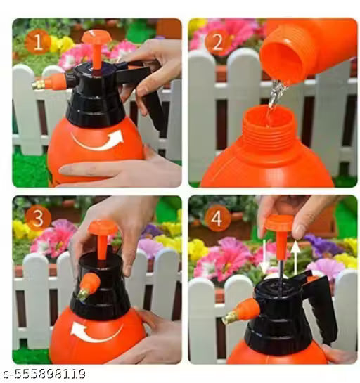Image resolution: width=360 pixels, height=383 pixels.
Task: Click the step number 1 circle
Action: coord(37,42)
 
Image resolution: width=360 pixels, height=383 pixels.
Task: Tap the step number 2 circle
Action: coord(217,43)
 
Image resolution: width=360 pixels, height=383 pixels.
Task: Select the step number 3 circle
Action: coord(37,218)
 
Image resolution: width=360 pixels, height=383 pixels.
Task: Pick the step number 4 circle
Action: coord(217,218)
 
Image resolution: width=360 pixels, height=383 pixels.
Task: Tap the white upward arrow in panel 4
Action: coord(295,257)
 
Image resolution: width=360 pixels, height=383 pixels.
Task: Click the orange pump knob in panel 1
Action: coord(96,38)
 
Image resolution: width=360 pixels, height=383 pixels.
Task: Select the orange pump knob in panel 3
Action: coord(102,229)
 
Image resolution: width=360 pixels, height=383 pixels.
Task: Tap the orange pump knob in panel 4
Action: coord(278,224)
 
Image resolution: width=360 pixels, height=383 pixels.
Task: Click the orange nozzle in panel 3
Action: coord(89,285)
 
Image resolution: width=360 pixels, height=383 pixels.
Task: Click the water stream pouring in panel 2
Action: coord(274,98)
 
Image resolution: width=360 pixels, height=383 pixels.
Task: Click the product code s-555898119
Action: coord(44,372)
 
